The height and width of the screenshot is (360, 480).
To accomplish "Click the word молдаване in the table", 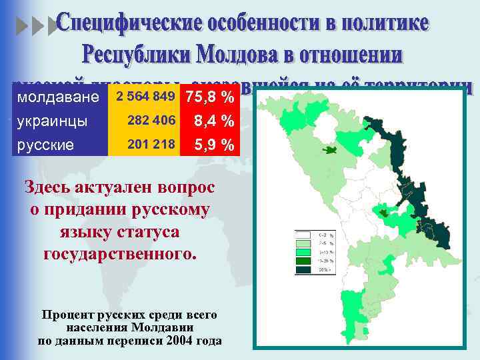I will (x=57, y=98).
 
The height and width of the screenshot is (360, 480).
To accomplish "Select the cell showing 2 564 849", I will (x=145, y=97).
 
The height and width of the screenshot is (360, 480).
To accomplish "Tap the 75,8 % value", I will (x=209, y=98).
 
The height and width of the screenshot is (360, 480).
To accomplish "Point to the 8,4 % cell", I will (x=213, y=121).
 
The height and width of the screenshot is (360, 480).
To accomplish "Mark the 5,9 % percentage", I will (x=213, y=144).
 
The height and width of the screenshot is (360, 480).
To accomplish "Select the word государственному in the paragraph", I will (x=120, y=254).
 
